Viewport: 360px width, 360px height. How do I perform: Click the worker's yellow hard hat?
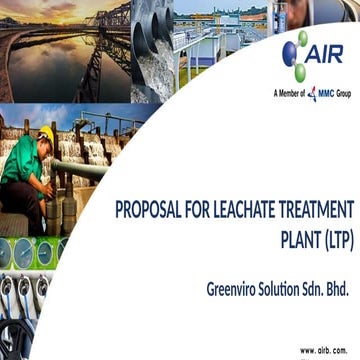[x=46, y=133]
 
